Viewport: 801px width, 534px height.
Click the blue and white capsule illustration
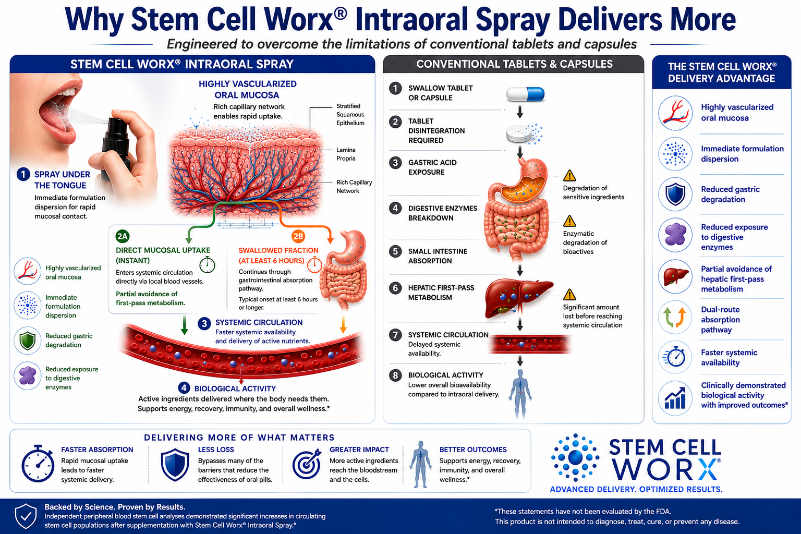click(525, 94)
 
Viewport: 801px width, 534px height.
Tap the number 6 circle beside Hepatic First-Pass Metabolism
click(395, 288)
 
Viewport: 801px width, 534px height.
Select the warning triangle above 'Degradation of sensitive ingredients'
click(569, 176)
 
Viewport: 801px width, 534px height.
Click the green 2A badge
click(123, 236)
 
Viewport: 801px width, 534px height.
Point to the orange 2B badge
click(298, 236)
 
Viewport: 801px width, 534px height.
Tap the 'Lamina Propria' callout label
click(346, 154)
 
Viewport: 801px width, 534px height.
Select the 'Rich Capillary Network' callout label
click(354, 186)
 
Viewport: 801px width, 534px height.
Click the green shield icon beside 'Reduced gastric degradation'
click(28, 340)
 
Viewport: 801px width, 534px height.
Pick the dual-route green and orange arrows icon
click(675, 317)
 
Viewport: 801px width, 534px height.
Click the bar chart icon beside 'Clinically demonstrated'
click(675, 398)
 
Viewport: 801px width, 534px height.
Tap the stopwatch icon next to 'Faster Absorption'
click(38, 464)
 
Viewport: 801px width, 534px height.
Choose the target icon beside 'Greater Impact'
click(307, 464)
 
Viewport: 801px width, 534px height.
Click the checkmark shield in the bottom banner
click(26, 516)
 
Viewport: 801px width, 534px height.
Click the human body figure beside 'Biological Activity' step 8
click(520, 393)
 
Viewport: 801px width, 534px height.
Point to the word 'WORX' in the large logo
click(665, 469)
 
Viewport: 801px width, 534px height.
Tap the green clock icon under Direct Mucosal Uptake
click(207, 265)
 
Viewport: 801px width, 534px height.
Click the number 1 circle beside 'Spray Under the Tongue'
click(23, 175)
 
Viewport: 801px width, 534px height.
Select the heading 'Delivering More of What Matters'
click(239, 438)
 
